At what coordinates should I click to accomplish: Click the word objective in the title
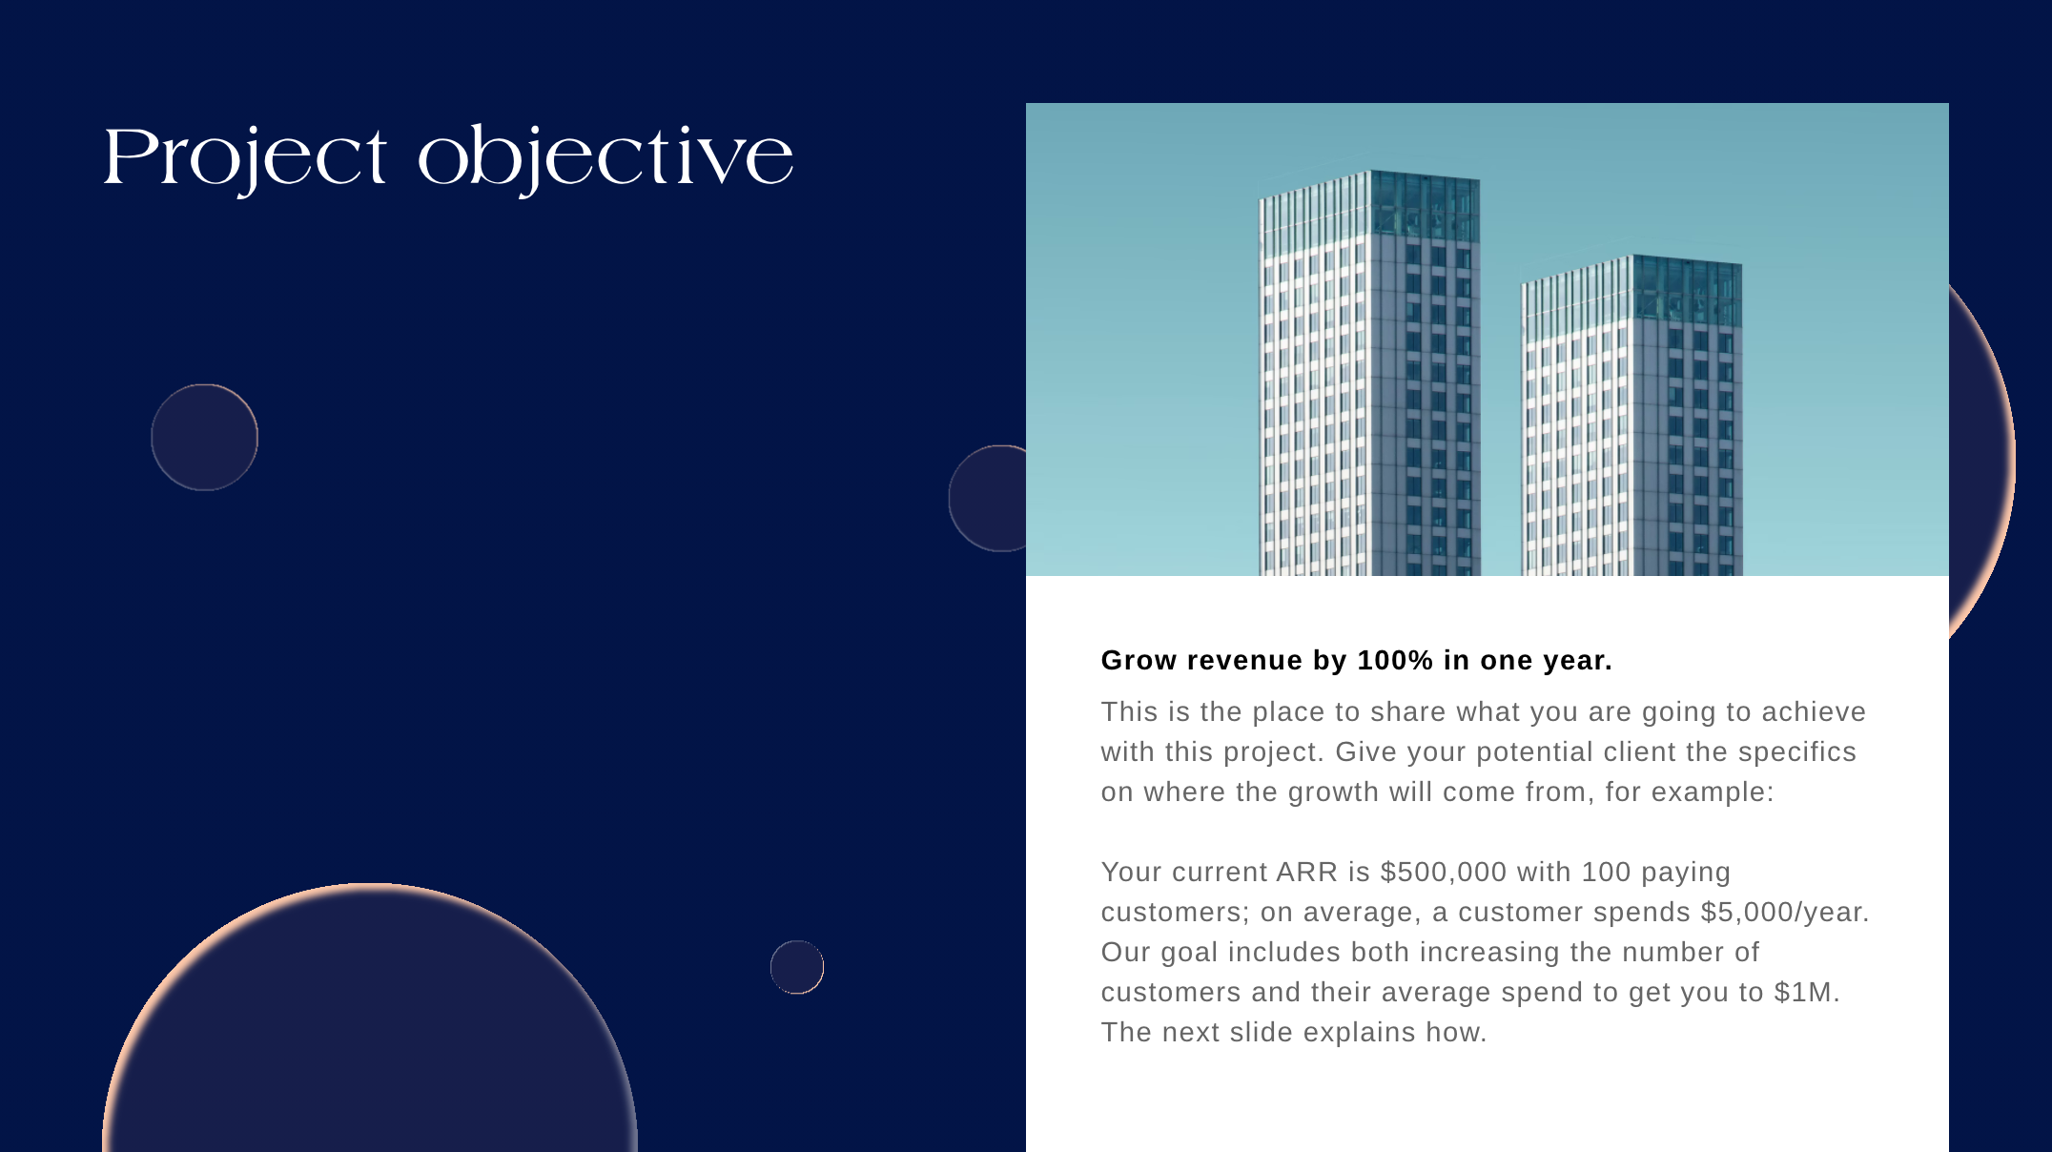605,157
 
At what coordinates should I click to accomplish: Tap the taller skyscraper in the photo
1368,381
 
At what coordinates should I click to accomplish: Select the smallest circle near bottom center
796,967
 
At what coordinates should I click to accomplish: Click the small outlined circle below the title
204,437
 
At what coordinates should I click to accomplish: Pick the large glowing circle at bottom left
370,1030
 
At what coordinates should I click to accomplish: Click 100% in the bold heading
1395,660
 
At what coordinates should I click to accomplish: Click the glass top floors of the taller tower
1425,206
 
